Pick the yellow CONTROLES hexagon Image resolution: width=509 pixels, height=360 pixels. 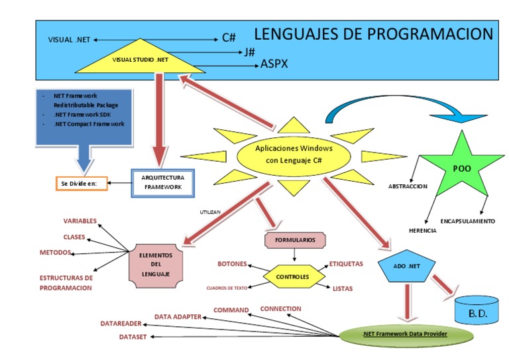click(292, 276)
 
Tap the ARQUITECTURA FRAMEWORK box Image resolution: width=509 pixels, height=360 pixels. click(163, 182)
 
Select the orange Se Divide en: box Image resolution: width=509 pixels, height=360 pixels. click(80, 182)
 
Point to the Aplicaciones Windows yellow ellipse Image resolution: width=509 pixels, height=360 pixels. click(294, 154)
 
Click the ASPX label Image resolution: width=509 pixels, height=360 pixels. click(274, 64)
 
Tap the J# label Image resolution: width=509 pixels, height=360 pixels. click(249, 52)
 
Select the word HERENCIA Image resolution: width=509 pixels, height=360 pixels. click(422, 229)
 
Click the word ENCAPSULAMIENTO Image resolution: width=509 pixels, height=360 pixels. click(467, 221)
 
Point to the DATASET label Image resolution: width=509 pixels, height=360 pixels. click(133, 337)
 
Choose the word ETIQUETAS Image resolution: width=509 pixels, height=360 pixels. click(346, 264)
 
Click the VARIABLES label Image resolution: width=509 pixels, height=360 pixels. click(80, 221)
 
